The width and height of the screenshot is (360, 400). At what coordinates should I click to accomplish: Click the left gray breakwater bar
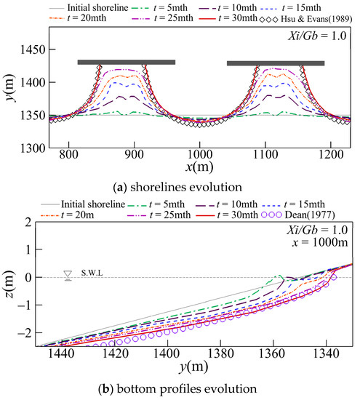coord(127,63)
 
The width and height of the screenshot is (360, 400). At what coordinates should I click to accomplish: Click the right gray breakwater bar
coord(276,63)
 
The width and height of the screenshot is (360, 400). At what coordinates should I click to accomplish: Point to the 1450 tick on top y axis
coord(29,49)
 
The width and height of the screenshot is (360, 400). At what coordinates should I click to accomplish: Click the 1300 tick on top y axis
coord(29,148)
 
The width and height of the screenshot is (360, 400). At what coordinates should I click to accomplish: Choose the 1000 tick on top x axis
coord(199,156)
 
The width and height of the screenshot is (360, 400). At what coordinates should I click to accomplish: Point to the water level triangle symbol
coord(68,276)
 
